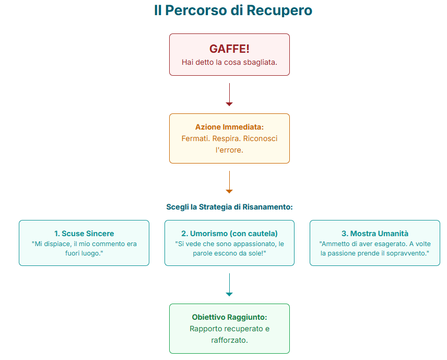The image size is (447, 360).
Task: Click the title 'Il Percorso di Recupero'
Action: [233, 10]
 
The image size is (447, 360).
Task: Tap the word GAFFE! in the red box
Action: [229, 49]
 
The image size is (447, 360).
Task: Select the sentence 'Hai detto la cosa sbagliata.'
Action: [229, 62]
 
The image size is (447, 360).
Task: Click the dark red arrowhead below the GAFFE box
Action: [229, 104]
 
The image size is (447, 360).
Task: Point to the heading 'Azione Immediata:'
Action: [229, 127]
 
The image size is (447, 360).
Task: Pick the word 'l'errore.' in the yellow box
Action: [229, 150]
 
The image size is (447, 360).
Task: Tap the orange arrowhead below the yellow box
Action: [229, 191]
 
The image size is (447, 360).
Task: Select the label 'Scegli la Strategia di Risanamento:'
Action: [229, 207]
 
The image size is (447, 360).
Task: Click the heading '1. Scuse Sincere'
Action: [84, 234]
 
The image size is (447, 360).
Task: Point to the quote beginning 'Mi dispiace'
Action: [84, 248]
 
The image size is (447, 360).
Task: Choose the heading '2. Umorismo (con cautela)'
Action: [229, 234]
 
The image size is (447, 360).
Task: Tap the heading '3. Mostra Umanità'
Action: [374, 234]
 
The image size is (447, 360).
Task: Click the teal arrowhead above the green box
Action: [229, 294]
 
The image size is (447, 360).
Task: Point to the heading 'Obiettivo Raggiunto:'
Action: [229, 317]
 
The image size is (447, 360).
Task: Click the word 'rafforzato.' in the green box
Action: [229, 340]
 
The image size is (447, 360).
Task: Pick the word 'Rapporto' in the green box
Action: [206, 329]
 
